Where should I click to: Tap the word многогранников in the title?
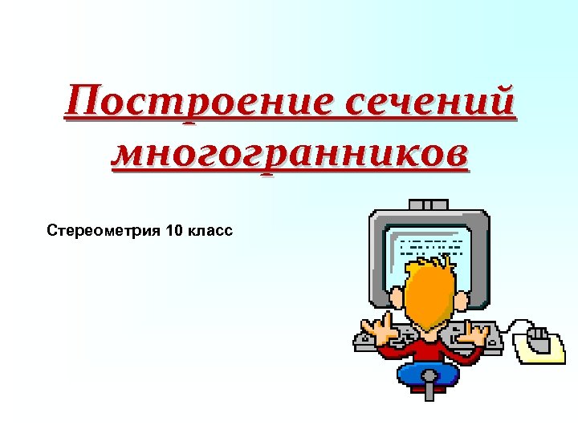point(289,152)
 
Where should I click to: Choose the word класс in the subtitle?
point(209,232)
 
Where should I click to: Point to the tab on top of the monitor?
point(429,204)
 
